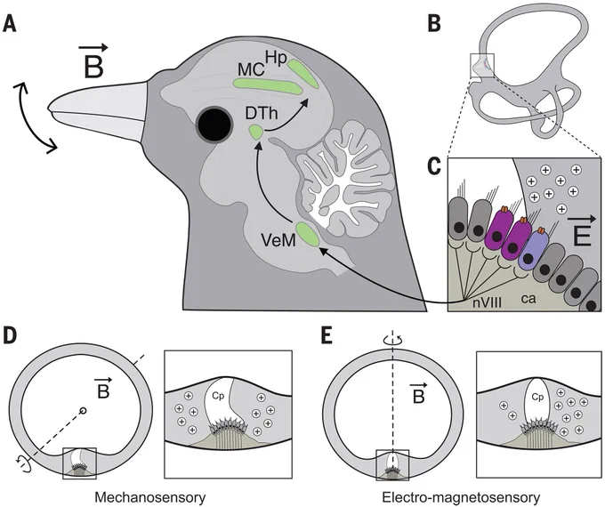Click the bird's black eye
pos(214,125)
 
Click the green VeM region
pos(308,234)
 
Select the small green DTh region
pos(256,133)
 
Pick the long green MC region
pos(268,85)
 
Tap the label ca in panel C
pos(528,298)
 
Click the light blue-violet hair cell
pos(534,249)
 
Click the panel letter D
pos(10,335)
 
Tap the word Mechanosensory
pos(150,497)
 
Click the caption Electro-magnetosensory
pos(461,497)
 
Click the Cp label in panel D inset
pos(218,396)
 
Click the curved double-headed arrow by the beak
pos(32,118)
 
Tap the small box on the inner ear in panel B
pos(482,66)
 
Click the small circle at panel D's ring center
pos(82,410)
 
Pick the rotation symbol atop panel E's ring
pos(392,340)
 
